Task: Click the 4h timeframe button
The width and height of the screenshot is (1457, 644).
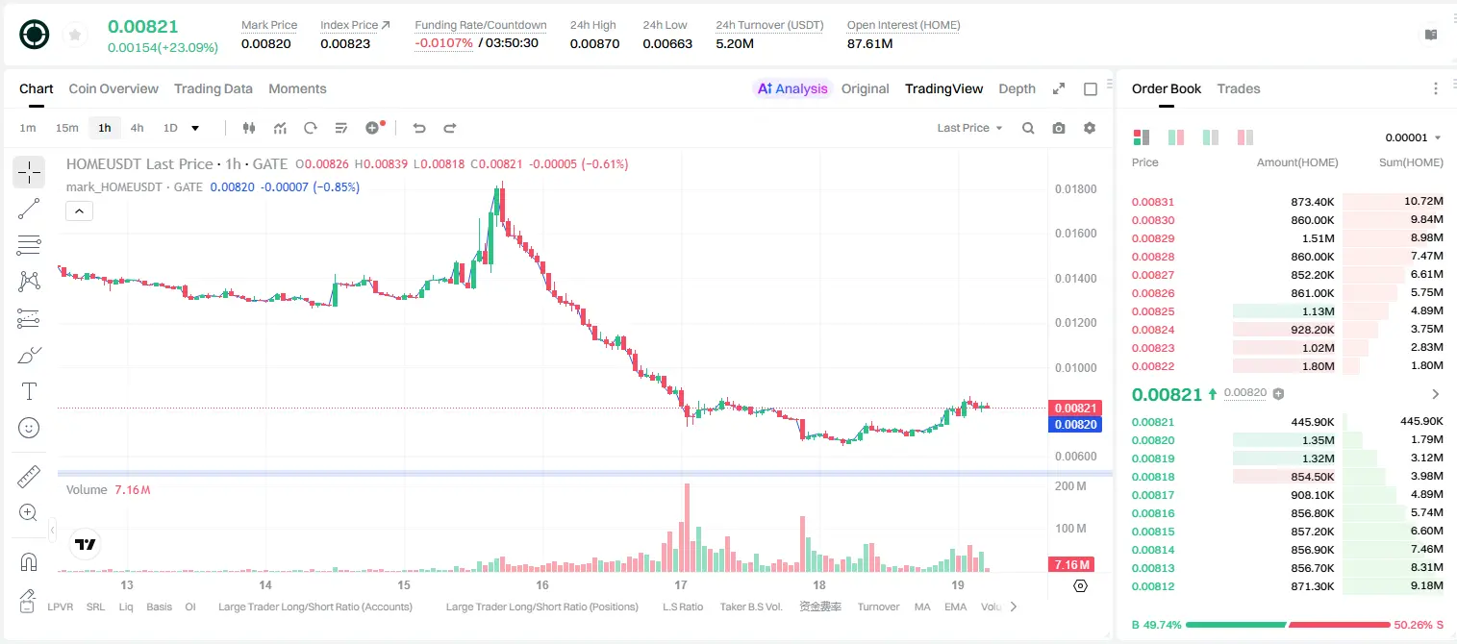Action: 137,128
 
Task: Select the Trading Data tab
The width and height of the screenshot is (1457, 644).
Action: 213,88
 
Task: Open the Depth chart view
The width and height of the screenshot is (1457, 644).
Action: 1017,88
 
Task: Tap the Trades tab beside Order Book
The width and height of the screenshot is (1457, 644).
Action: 1239,88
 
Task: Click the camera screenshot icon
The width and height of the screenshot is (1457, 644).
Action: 1059,128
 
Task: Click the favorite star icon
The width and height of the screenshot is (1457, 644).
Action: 75,35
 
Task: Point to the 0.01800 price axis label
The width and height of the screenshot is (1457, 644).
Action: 1076,189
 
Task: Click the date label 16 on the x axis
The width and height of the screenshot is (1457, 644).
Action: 541,584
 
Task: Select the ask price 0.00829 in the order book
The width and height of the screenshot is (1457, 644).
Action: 1152,238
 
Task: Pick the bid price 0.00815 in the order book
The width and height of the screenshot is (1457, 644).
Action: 1152,532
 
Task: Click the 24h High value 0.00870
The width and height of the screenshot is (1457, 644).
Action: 594,43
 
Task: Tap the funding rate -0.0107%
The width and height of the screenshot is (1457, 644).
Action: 443,43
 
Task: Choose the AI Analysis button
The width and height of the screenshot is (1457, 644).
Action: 792,88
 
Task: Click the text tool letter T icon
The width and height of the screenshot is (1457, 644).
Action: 29,391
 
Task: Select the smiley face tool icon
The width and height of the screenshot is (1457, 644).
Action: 29,428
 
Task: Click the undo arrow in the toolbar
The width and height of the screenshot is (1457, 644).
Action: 419,128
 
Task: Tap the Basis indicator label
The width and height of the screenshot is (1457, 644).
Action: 159,607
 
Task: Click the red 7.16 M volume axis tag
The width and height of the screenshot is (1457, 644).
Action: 1070,565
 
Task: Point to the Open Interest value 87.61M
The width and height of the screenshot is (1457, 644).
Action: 869,43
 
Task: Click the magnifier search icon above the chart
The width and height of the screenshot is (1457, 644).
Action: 1028,128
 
